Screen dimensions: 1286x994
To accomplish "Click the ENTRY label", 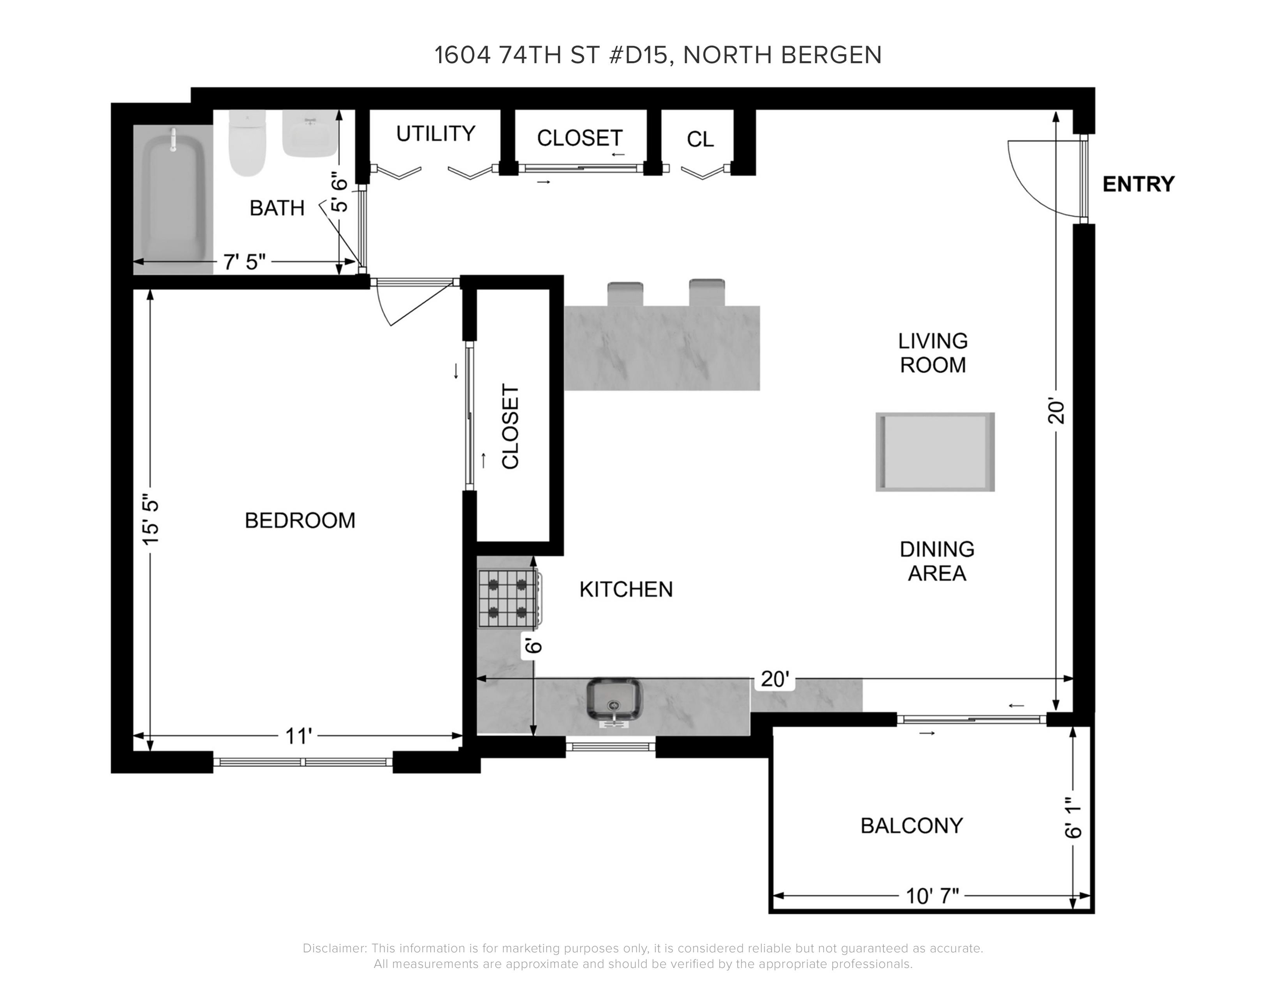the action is point(1138,184).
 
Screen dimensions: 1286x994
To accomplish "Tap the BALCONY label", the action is point(912,826).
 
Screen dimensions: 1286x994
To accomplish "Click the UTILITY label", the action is point(436,134).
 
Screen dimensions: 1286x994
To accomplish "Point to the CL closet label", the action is point(700,139).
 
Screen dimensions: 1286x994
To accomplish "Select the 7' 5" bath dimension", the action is point(244,261).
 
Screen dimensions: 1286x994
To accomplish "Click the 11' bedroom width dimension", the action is point(298,736).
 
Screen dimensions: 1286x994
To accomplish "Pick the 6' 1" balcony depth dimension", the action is point(1073,818).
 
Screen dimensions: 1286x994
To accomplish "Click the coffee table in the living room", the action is point(935,452).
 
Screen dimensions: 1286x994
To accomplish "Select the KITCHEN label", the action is point(626,589).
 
